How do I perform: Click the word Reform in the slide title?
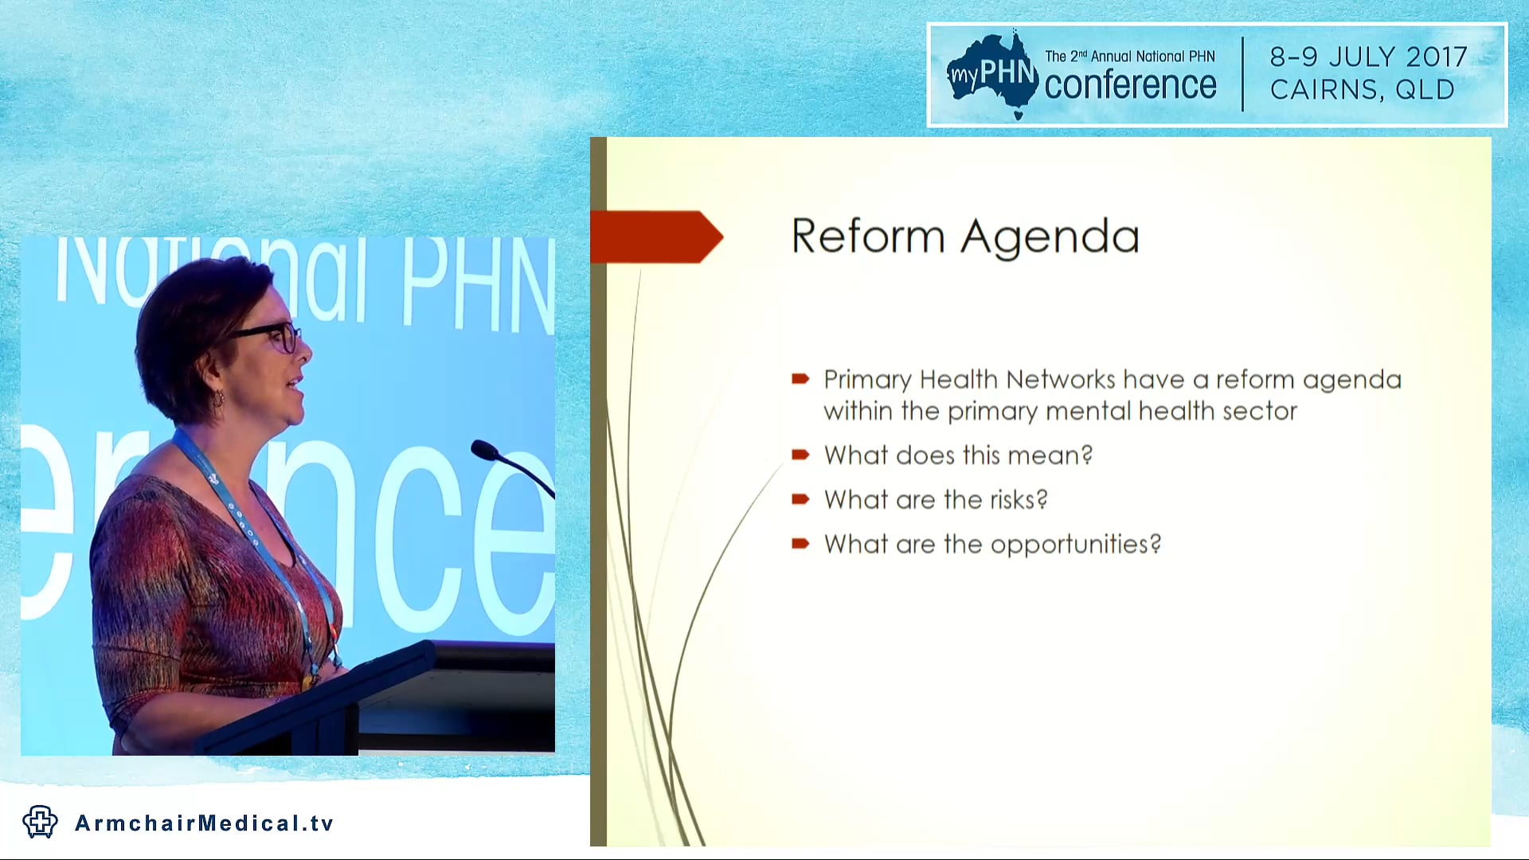(x=868, y=236)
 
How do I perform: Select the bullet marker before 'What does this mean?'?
(x=800, y=455)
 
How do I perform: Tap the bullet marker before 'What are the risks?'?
(x=800, y=500)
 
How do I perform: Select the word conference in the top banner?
(x=1130, y=86)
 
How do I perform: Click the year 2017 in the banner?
(x=1436, y=57)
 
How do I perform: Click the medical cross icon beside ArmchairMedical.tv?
(x=40, y=822)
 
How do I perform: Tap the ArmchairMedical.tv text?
(x=204, y=823)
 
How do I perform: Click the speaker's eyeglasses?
(x=275, y=335)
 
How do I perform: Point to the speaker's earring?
(x=217, y=397)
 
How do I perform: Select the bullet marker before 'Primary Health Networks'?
(x=800, y=379)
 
